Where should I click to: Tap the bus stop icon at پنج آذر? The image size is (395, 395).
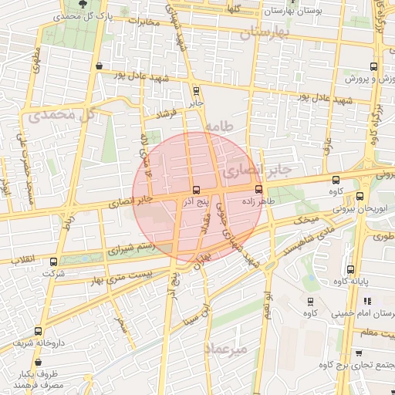tap(196, 190)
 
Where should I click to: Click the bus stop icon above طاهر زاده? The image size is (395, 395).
tap(258, 189)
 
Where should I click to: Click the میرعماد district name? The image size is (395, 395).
tap(225, 349)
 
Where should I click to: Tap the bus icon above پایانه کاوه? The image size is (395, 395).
tap(351, 270)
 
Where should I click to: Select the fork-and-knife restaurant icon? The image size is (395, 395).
tap(368, 300)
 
